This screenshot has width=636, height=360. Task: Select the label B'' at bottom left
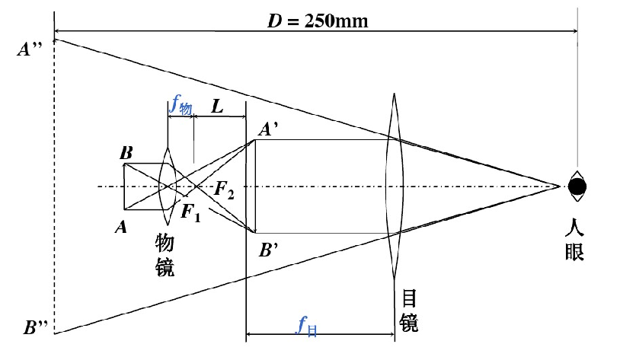coord(36,328)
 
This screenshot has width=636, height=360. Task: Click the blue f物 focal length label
coord(180,107)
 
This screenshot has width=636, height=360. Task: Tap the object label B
coord(126,153)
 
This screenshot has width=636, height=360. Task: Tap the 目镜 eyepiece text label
coord(407,311)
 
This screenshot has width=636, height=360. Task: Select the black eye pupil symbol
coord(577,185)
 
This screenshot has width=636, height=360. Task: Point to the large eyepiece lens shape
coord(393,185)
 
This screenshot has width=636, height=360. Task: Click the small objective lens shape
coord(169,185)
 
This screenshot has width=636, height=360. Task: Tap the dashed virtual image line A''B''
coord(54,190)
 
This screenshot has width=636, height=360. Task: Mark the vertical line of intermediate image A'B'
coord(255,185)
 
